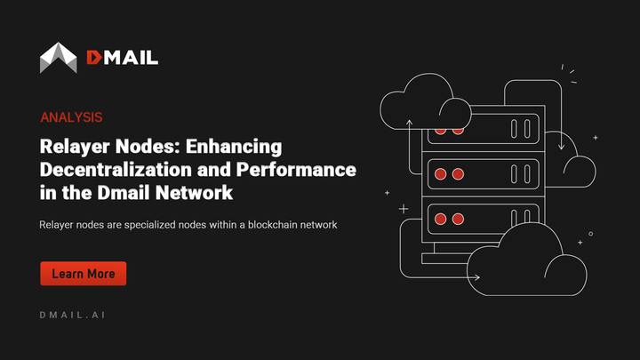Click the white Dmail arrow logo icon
pos(59,58)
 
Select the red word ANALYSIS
pos(71,117)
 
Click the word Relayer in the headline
pos(74,146)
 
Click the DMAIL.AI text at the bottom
pos(75,316)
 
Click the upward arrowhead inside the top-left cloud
pos(410,119)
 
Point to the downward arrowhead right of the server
pos(560,146)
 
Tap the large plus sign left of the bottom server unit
pos(404,208)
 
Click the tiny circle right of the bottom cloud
pos(590,234)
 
